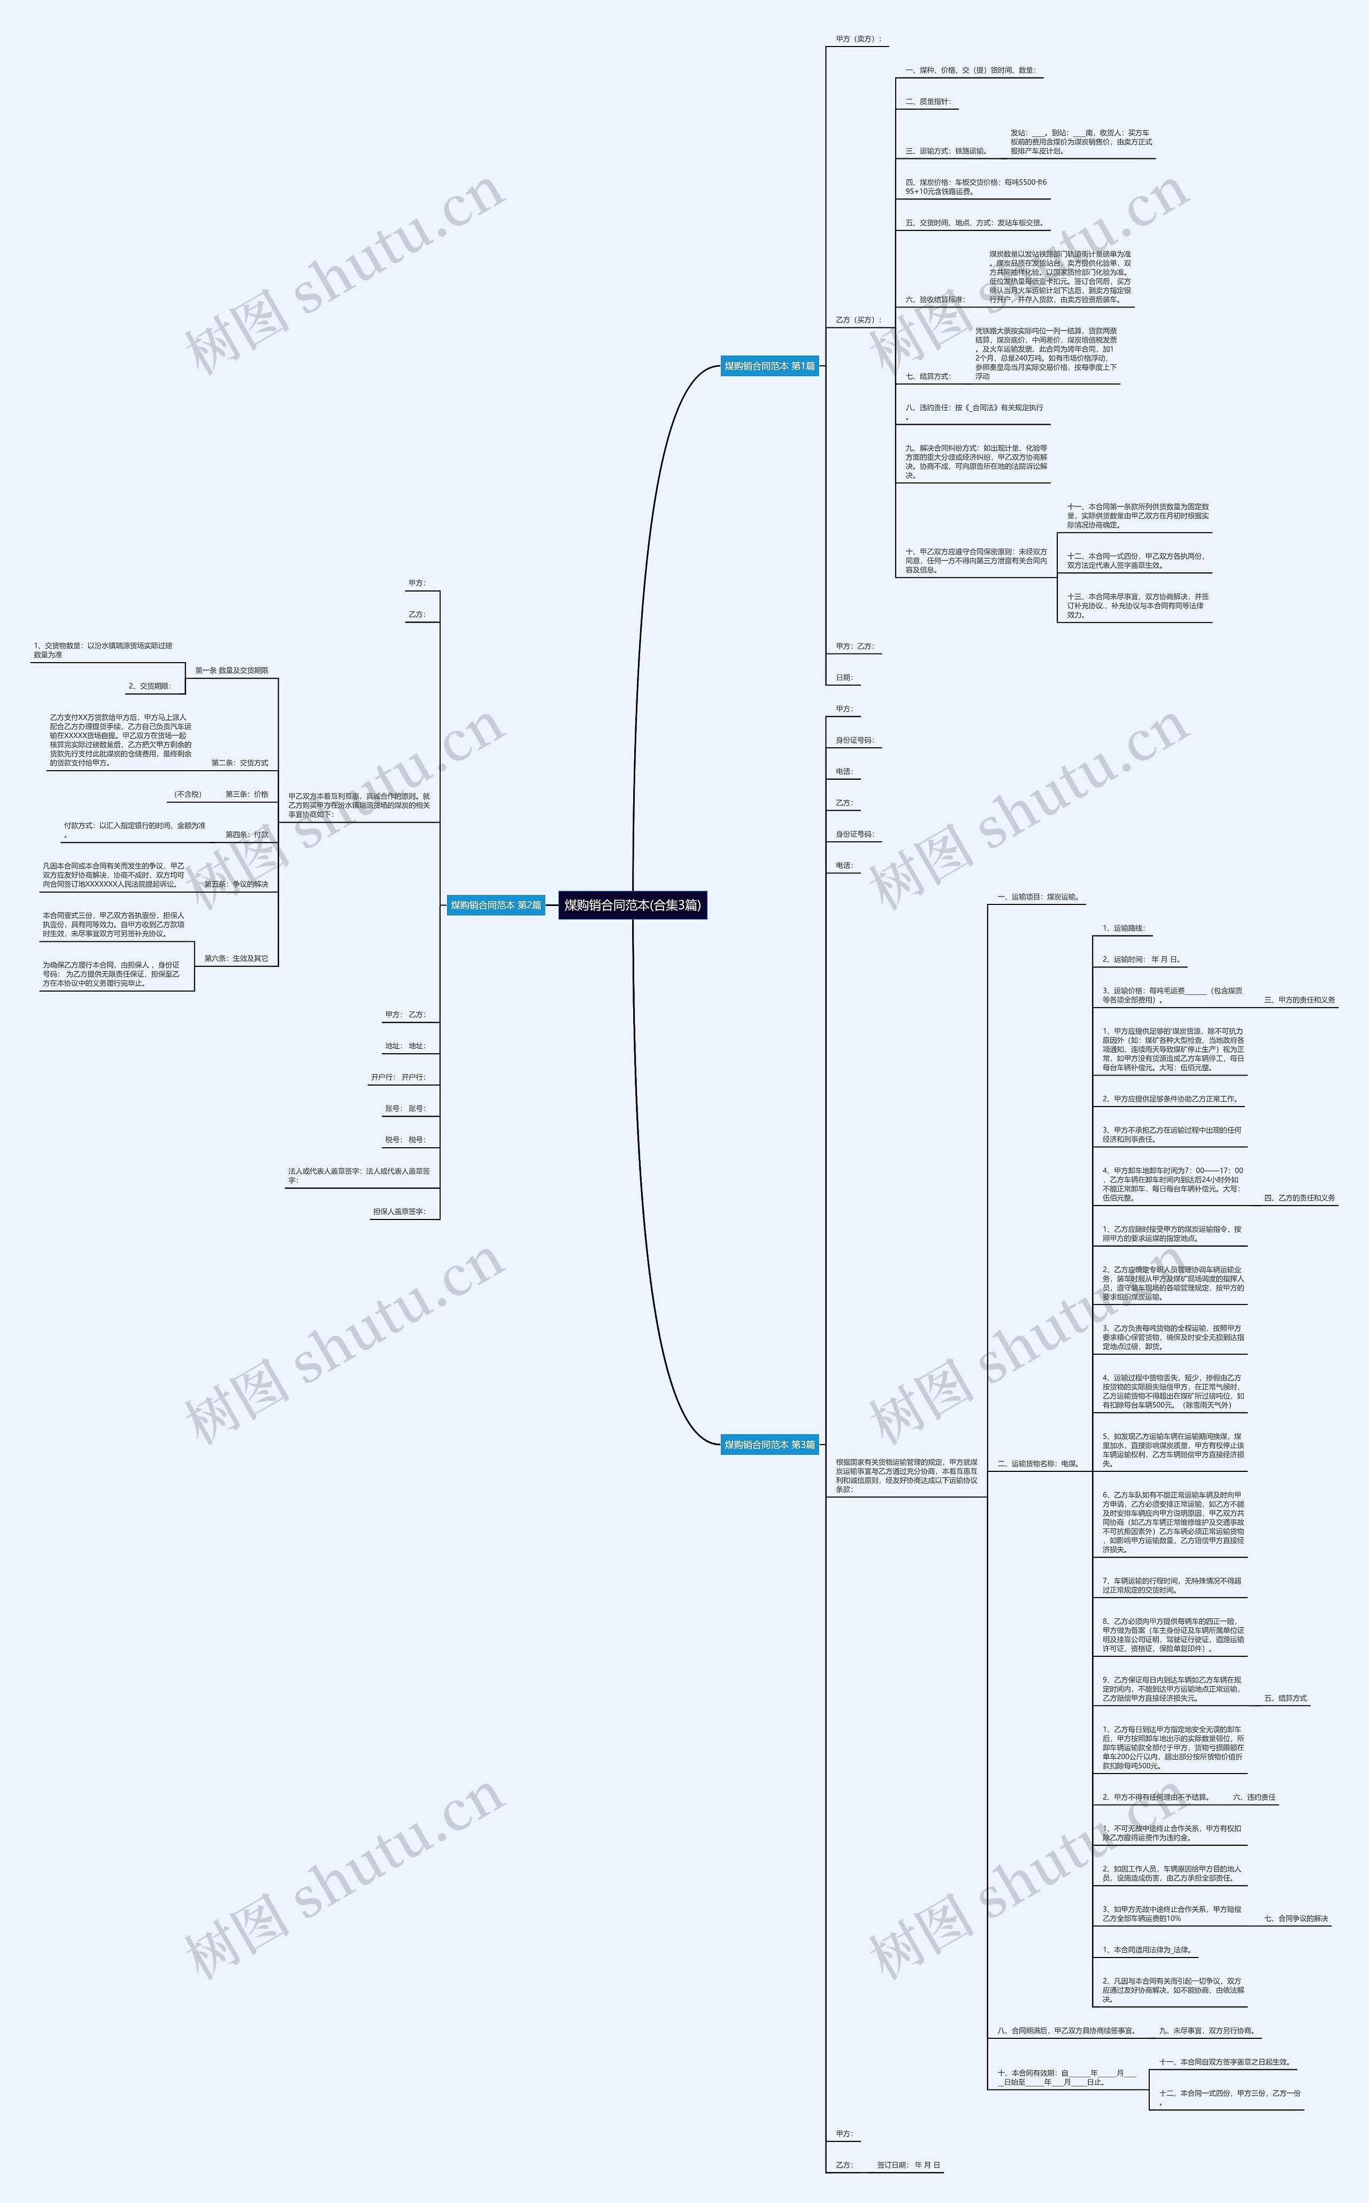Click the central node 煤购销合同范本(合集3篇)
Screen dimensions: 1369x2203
coord(632,904)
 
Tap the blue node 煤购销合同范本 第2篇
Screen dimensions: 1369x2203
coord(495,904)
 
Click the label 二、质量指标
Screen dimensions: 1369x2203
coord(928,102)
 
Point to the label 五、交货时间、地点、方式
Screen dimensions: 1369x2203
coord(975,222)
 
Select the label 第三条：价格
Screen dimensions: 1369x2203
coord(247,794)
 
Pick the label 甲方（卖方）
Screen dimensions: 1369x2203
coord(857,39)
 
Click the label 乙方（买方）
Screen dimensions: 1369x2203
coord(857,320)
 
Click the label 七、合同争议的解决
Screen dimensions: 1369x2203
coord(1296,1918)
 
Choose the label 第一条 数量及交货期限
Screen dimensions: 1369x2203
coord(232,670)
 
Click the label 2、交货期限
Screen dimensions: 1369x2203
coord(149,686)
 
